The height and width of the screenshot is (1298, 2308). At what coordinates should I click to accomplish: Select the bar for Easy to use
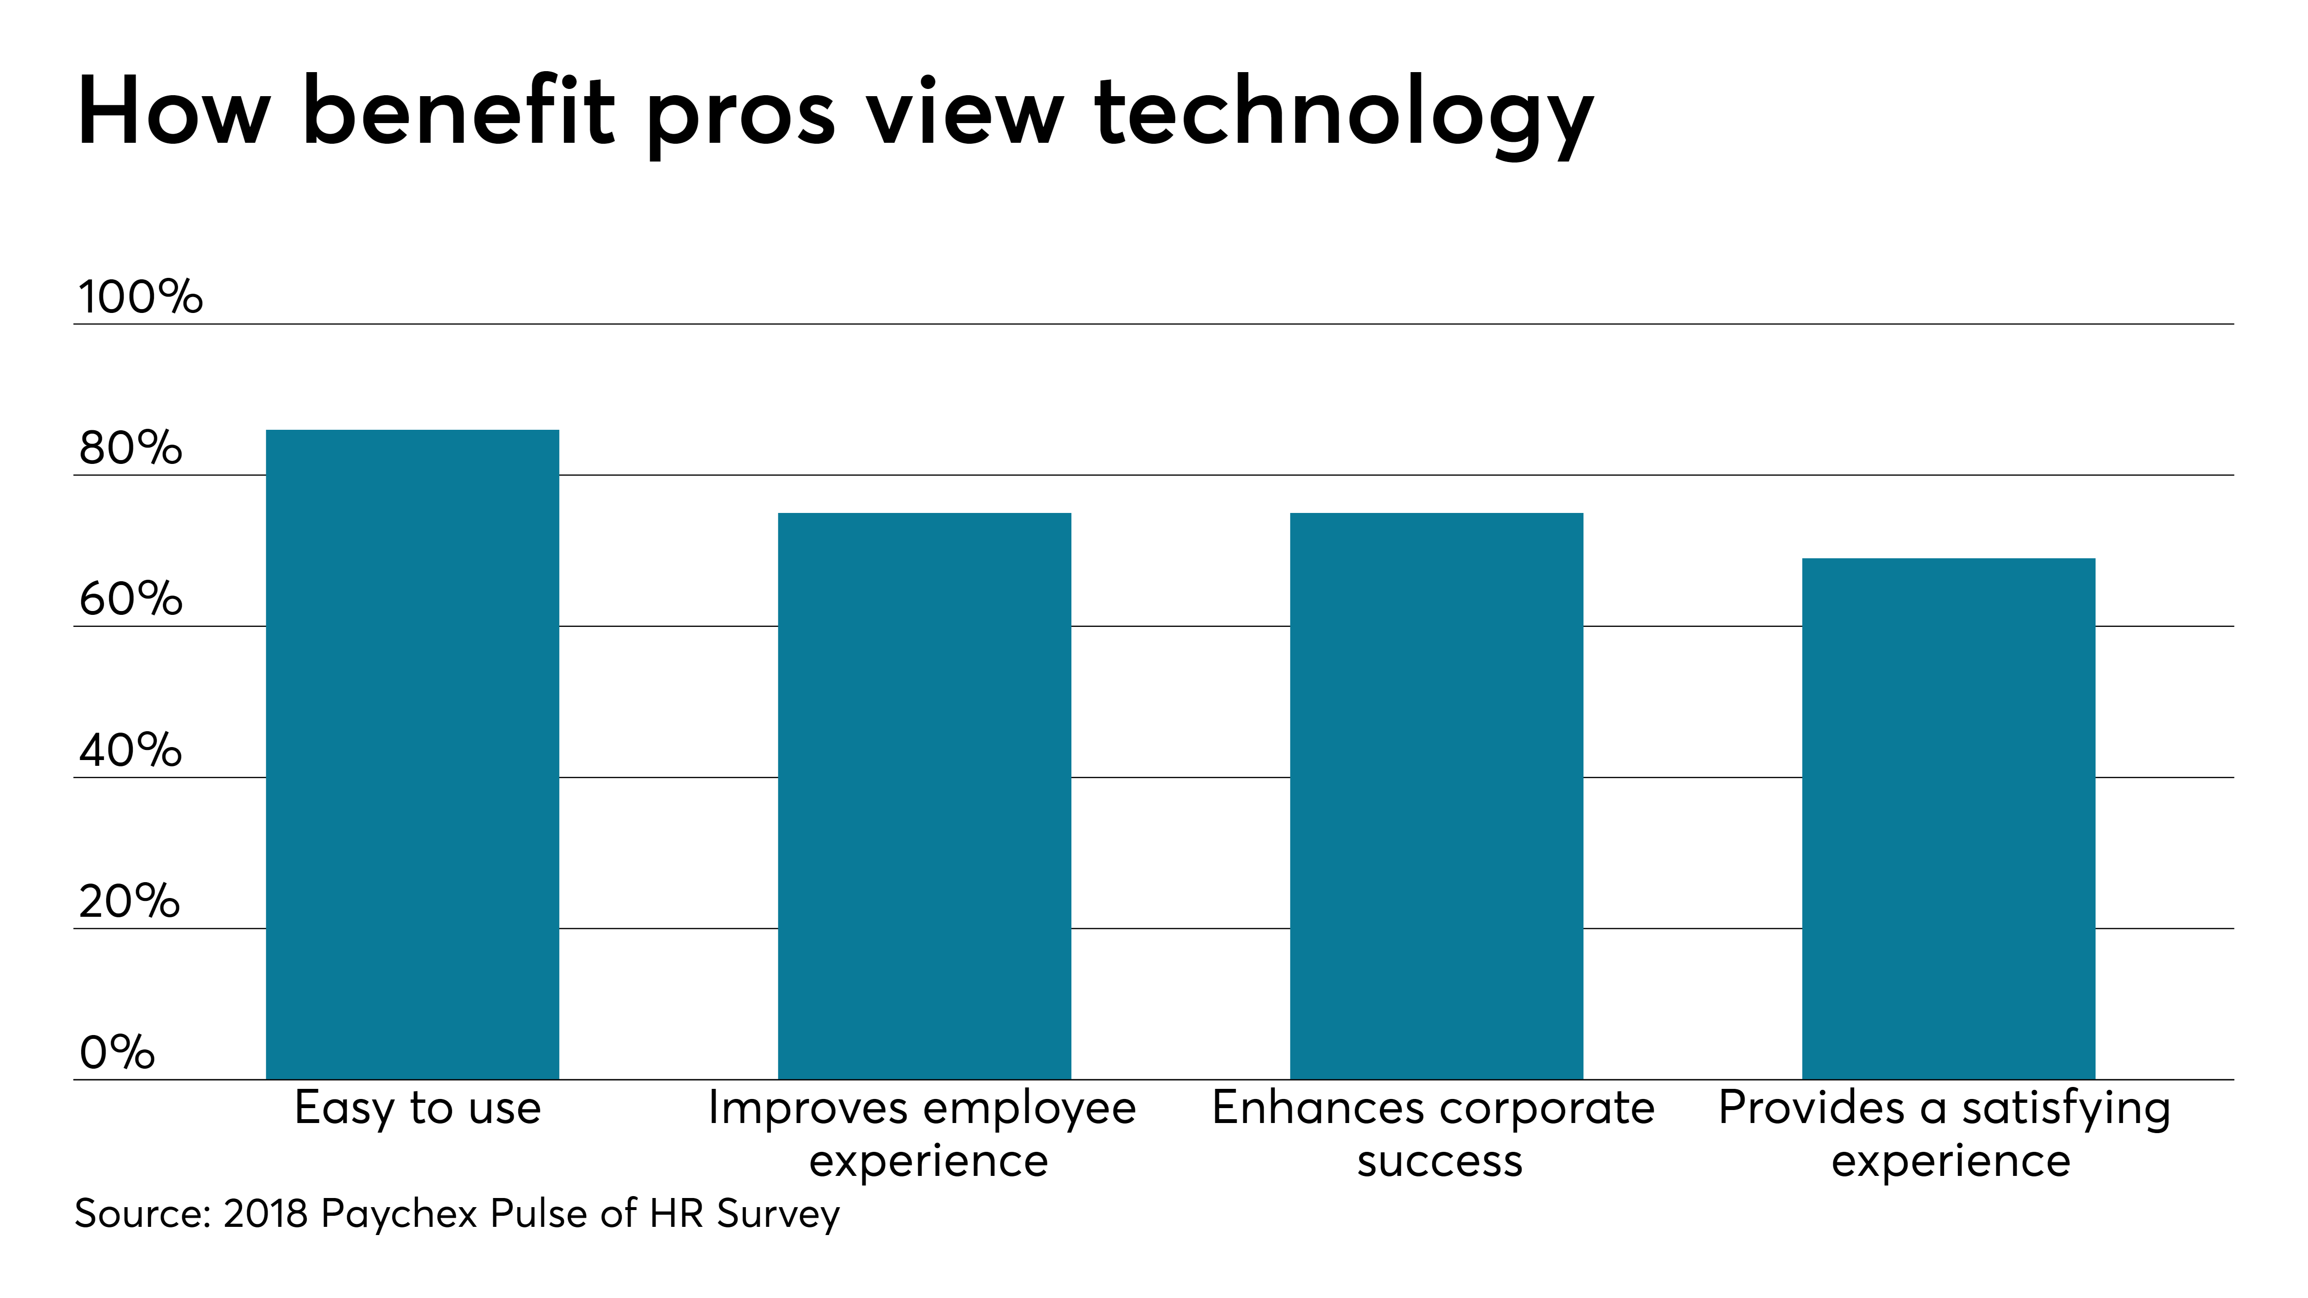pyautogui.click(x=412, y=754)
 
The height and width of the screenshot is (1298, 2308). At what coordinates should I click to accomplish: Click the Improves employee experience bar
pyautogui.click(x=925, y=797)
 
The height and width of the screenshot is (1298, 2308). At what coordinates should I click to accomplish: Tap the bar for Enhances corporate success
pyautogui.click(x=1436, y=797)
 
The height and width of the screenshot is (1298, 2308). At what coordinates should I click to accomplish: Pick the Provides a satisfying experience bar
pyautogui.click(x=1949, y=819)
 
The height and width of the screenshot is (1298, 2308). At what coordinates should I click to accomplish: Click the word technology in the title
pyautogui.click(x=1344, y=116)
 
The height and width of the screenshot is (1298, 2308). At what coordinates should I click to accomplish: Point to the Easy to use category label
pyautogui.click(x=417, y=1109)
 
